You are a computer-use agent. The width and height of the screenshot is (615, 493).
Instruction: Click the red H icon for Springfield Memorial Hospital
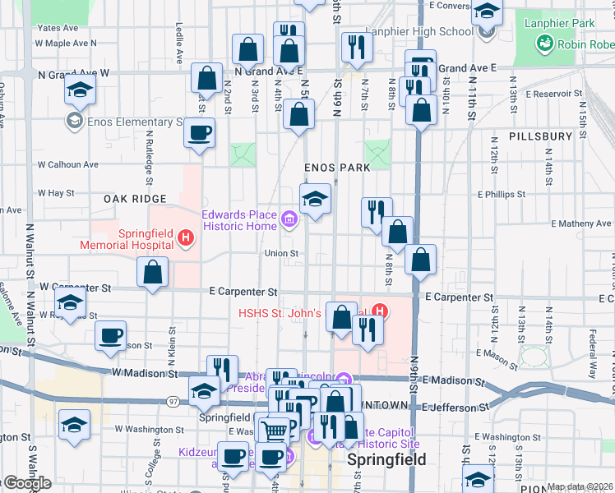pyautogui.click(x=186, y=239)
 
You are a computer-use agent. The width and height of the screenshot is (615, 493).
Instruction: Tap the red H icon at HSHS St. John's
pyautogui.click(x=379, y=311)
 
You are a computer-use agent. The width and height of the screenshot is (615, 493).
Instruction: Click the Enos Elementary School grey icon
pyautogui.click(x=74, y=122)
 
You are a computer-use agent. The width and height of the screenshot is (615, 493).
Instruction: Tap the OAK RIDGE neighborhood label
pyautogui.click(x=135, y=199)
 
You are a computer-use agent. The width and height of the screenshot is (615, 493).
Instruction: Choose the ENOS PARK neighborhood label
pyautogui.click(x=337, y=167)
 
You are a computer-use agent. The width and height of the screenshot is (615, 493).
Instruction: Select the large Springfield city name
pyautogui.click(x=386, y=459)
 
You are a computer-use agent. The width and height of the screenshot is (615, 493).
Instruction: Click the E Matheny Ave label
pyautogui.click(x=581, y=223)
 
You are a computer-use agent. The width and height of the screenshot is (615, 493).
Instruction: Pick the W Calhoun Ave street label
pyautogui.click(x=67, y=164)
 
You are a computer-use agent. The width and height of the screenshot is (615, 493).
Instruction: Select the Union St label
pyautogui.click(x=281, y=253)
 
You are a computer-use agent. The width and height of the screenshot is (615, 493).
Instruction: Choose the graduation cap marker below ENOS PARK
pyautogui.click(x=315, y=200)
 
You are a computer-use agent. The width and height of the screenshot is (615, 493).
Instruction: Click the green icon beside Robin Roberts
pyautogui.click(x=543, y=44)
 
